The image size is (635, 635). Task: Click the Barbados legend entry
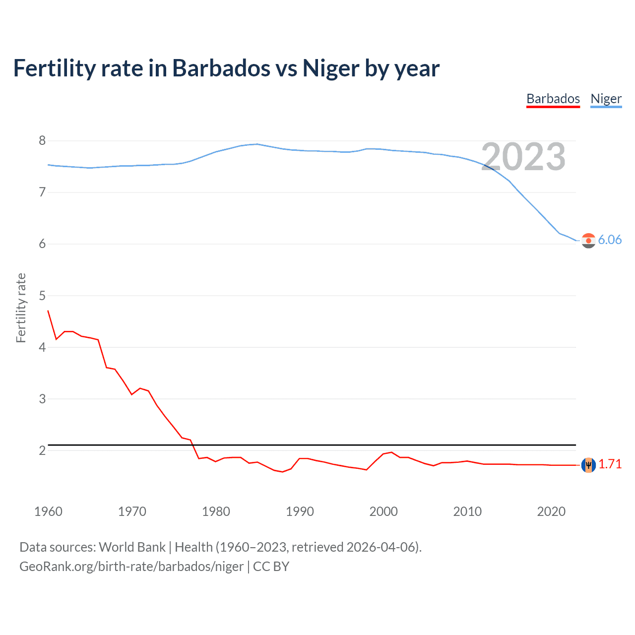(x=553, y=99)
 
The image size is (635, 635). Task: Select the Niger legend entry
(x=606, y=99)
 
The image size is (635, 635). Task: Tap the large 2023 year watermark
(x=523, y=157)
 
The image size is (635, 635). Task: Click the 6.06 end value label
(x=610, y=240)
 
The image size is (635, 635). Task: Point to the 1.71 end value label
(x=610, y=464)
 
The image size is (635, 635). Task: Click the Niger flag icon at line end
(x=588, y=241)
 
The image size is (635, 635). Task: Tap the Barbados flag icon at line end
(x=588, y=465)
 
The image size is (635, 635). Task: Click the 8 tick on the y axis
(x=42, y=141)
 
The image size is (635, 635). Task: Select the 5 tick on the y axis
(x=42, y=296)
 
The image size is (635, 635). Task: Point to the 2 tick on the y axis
(x=42, y=450)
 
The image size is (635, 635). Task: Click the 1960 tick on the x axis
(x=48, y=511)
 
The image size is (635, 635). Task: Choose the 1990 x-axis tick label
(x=300, y=511)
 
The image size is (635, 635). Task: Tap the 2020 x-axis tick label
(x=551, y=511)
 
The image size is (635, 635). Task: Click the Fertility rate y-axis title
(x=21, y=308)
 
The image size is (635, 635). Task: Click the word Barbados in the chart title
(x=221, y=68)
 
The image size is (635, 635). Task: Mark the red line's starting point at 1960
(x=48, y=311)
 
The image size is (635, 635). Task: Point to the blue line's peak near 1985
(x=256, y=144)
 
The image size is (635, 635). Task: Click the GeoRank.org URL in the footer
(x=131, y=567)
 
